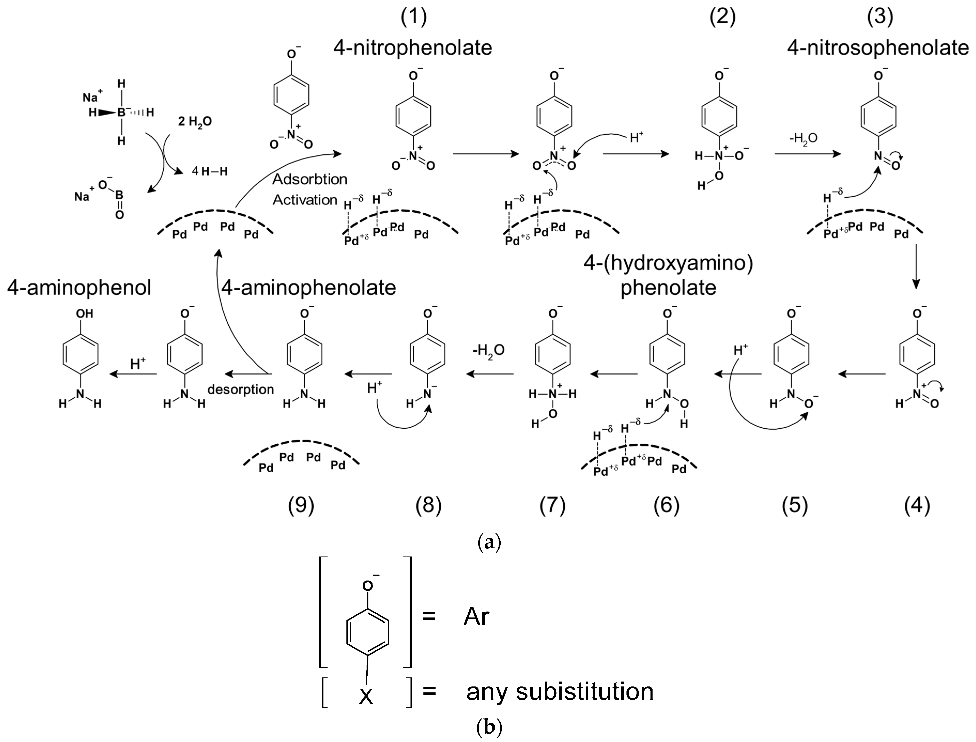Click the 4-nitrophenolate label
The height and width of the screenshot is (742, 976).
(413, 48)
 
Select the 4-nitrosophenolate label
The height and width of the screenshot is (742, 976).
(878, 48)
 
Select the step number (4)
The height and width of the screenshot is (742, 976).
(917, 505)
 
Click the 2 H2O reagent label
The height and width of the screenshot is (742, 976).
(195, 121)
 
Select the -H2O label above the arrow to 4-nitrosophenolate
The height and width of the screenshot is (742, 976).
(803, 138)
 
